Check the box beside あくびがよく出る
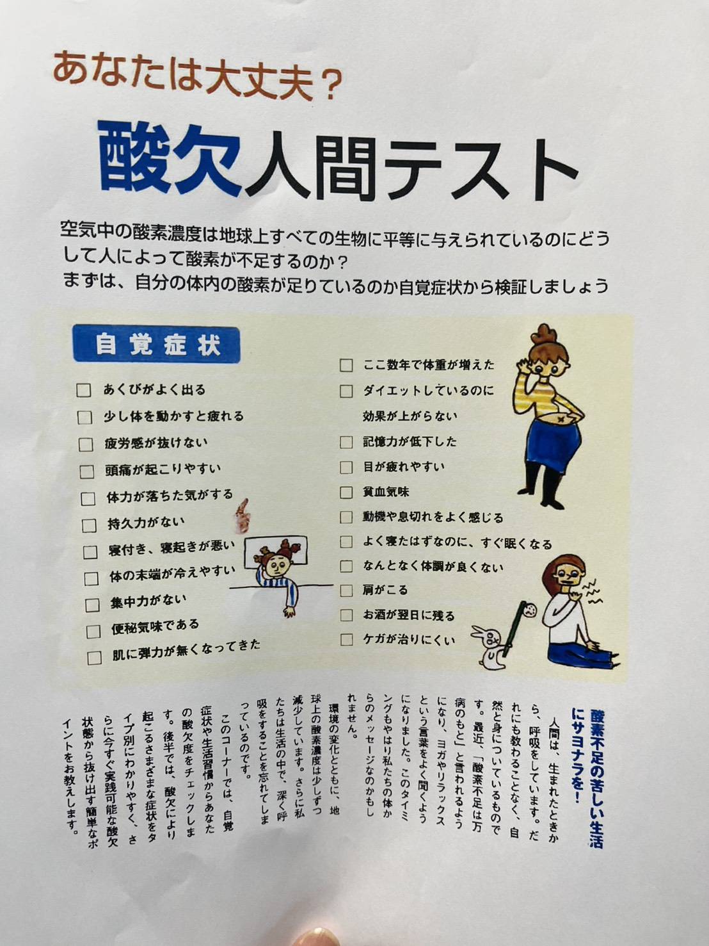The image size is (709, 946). click(x=84, y=391)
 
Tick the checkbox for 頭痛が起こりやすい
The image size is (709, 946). click(x=86, y=471)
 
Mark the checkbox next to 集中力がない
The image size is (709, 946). click(x=92, y=605)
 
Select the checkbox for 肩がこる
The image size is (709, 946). click(x=346, y=591)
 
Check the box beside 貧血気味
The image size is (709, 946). click(x=346, y=492)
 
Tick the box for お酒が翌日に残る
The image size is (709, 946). click(x=346, y=615)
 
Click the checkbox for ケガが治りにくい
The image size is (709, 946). click(x=346, y=640)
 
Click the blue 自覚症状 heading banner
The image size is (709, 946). click(x=156, y=345)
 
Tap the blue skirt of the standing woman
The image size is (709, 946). click(x=554, y=448)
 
